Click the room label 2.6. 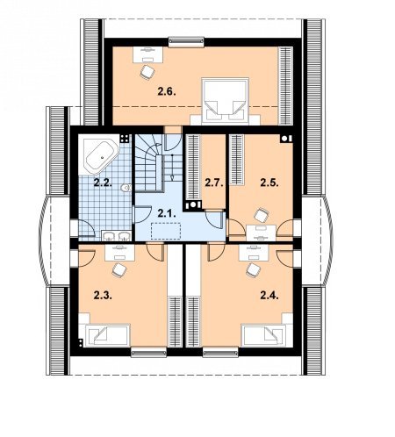(x=167, y=92)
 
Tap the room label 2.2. (x=103, y=183)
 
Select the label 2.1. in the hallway (x=167, y=213)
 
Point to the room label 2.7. (x=214, y=183)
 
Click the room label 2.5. (x=269, y=183)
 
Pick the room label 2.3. (x=103, y=296)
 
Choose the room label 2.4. (x=269, y=296)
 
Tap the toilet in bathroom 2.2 (x=126, y=188)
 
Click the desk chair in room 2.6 (x=147, y=72)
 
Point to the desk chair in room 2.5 (x=262, y=215)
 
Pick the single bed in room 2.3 (x=108, y=335)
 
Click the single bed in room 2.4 (x=263, y=335)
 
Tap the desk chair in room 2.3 (x=119, y=269)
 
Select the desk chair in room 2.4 (x=254, y=269)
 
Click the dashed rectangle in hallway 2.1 (x=166, y=231)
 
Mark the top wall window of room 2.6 (x=186, y=41)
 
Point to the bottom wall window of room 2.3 (x=148, y=352)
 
